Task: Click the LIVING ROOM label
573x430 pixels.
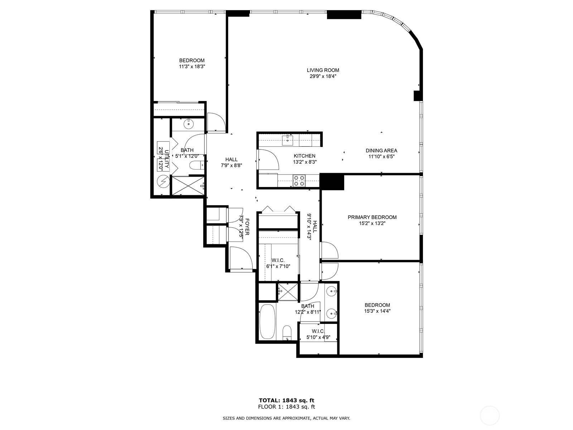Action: [x=323, y=70]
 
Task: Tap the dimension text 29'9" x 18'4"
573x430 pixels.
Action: [x=323, y=76]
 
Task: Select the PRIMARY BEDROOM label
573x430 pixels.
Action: [x=372, y=217]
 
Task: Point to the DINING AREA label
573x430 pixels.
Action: [x=381, y=151]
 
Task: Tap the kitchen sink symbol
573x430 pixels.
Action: [x=288, y=139]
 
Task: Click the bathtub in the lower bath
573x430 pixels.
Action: [x=267, y=321]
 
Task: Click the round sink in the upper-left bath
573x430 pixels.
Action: [x=188, y=124]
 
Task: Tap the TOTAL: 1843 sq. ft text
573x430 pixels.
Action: [x=286, y=400]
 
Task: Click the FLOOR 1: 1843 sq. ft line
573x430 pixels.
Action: [x=286, y=407]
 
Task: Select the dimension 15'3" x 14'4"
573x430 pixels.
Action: [x=377, y=311]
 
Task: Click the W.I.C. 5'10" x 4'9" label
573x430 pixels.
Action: [x=318, y=334]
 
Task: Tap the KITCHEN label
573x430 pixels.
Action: [x=304, y=156]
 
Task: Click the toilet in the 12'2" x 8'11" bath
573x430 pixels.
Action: [x=287, y=333]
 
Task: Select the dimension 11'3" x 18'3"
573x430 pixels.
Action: [x=192, y=67]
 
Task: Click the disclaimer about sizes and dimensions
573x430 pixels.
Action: [x=286, y=418]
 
